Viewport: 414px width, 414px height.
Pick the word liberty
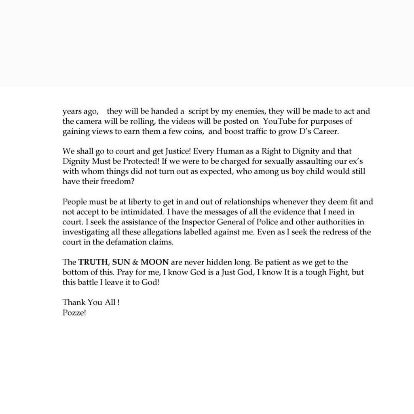pyautogui.click(x=130, y=201)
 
